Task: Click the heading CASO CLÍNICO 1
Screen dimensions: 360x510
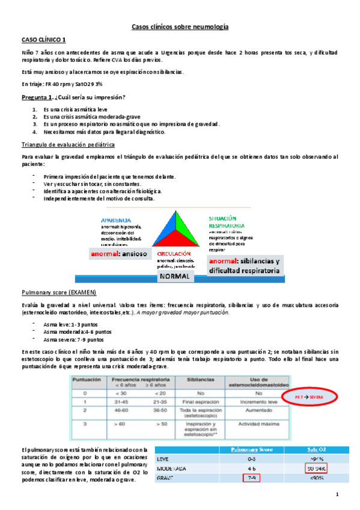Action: tap(44, 40)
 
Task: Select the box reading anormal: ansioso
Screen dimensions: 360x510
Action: tap(119, 254)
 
